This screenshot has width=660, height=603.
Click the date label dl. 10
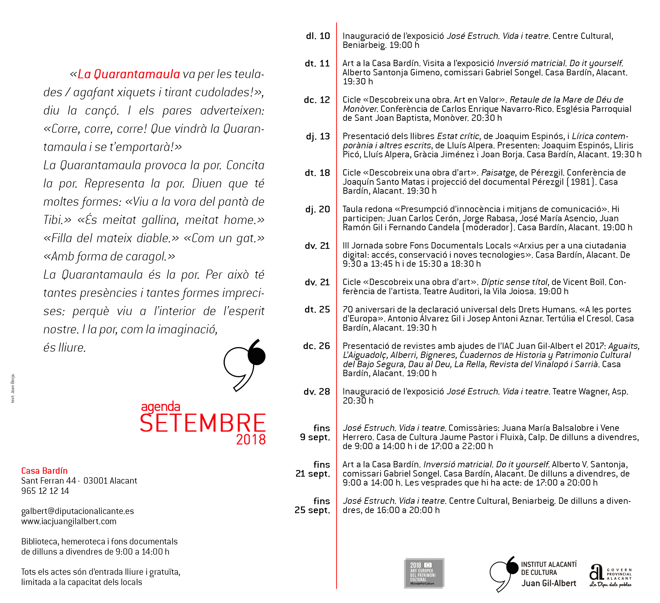point(317,36)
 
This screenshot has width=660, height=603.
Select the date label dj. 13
point(317,136)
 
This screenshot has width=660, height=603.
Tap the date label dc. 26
point(316,346)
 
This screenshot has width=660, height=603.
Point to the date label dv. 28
point(317,392)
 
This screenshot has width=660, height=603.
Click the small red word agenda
point(160,407)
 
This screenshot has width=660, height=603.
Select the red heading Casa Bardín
point(44,471)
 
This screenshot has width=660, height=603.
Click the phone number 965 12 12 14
point(45,491)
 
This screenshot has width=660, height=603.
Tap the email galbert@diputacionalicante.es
point(77,511)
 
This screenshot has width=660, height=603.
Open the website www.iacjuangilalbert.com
point(69,521)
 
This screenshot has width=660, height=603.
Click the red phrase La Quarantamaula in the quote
point(129,74)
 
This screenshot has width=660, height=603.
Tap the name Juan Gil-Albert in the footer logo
point(549,584)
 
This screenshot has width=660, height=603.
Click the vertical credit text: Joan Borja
point(13,388)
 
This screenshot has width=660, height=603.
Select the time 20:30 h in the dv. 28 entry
point(358,401)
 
